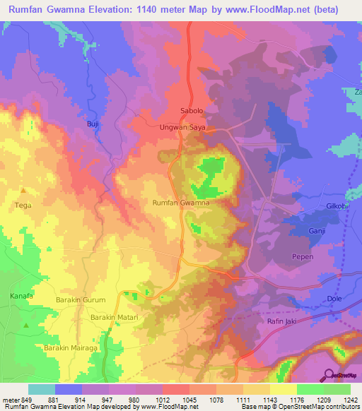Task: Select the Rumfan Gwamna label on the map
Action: coord(181,203)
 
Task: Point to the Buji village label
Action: coord(92,124)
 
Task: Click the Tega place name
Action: coord(23,205)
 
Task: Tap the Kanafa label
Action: coord(23,294)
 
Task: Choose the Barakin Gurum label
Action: coord(81,300)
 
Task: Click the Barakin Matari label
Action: coord(114,318)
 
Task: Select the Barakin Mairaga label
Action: coord(71,348)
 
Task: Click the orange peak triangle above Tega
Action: coord(23,191)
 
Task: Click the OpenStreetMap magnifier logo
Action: coord(328,375)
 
